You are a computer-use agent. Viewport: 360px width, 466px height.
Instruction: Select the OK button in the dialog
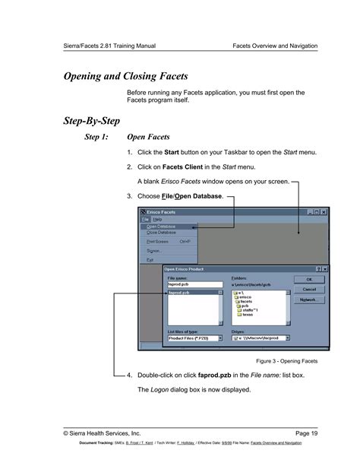pos(309,280)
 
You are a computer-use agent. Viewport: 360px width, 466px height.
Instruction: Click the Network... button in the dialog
pos(309,300)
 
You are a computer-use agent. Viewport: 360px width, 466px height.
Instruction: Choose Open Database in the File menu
pos(161,227)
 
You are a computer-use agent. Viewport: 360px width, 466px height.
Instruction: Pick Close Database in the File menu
pos(161,233)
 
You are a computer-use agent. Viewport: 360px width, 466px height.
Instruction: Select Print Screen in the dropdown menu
pos(158,242)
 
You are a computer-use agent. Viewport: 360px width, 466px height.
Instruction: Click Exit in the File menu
pos(150,260)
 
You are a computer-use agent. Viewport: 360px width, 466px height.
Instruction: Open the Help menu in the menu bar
pos(158,219)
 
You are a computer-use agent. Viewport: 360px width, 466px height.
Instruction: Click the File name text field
pos(194,284)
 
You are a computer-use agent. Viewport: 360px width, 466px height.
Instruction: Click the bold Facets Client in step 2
pos(185,166)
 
